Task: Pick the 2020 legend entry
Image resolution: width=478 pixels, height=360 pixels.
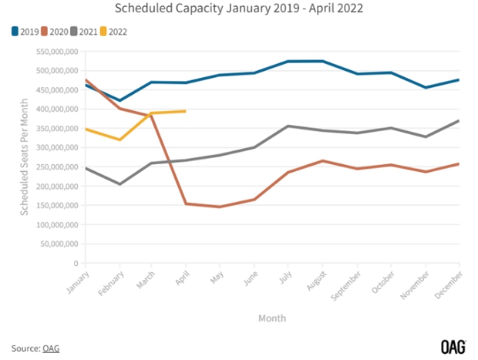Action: point(60,32)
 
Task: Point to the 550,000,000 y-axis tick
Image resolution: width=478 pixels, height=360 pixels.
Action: point(57,52)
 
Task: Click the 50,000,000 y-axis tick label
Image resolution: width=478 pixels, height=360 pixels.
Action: point(59,244)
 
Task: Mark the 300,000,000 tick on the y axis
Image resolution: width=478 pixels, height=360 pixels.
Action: point(57,148)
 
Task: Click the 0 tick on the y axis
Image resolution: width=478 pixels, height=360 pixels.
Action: point(76,264)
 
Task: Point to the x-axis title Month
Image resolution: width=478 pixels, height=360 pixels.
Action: point(272,317)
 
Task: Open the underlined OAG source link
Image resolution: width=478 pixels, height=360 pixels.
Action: point(50,348)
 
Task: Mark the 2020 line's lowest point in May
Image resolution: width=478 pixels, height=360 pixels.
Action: point(220,207)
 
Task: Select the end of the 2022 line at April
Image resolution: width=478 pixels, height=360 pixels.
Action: point(186,111)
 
